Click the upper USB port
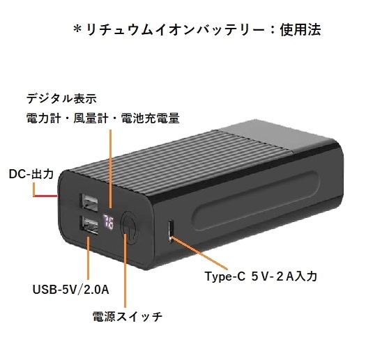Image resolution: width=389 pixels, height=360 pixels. pyautogui.click(x=89, y=203)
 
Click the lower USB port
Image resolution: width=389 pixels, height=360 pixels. pyautogui.click(x=89, y=226)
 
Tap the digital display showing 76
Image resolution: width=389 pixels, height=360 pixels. pyautogui.click(x=108, y=222)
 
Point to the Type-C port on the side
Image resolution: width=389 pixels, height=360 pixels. pyautogui.click(x=170, y=230)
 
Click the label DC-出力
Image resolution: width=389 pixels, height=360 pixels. pyautogui.click(x=31, y=174)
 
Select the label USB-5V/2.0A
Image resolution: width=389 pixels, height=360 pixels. pyautogui.click(x=71, y=290)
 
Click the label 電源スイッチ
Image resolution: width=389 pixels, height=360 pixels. pyautogui.click(x=128, y=316)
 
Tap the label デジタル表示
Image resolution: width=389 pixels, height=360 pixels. pyautogui.click(x=61, y=99)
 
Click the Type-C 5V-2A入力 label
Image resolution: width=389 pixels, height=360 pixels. pyautogui.click(x=261, y=276)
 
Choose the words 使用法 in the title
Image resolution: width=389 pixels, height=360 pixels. pyautogui.click(x=300, y=30)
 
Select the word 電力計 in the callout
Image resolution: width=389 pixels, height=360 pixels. pyautogui.click(x=43, y=118)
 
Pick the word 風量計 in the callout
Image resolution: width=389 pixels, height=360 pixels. pyautogui.click(x=91, y=118)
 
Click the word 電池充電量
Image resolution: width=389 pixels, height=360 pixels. pyautogui.click(x=150, y=118)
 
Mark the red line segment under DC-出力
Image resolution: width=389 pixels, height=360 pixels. pyautogui.click(x=45, y=196)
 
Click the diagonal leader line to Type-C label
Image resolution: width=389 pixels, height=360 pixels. pyautogui.click(x=199, y=253)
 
